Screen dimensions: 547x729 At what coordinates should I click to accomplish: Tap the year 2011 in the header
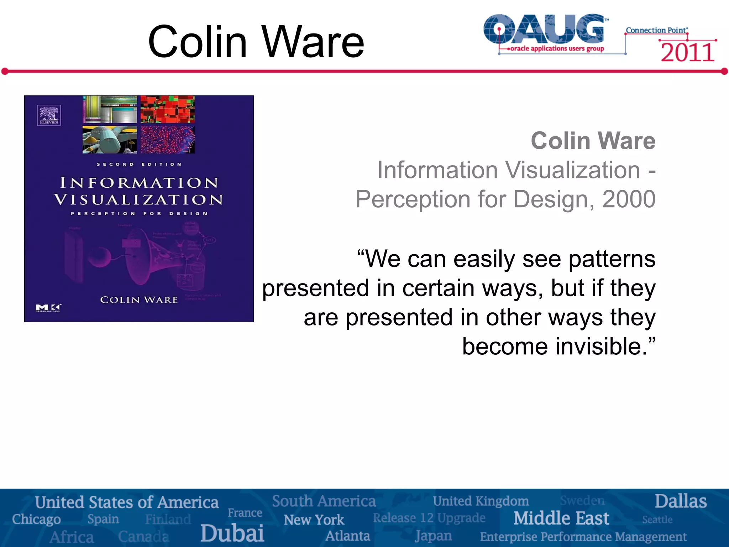pos(687,53)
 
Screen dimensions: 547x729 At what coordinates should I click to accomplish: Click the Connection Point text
pos(656,30)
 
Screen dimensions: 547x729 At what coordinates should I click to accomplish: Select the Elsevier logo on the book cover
pos(49,115)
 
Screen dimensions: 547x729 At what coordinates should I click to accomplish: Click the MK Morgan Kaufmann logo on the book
pos(48,308)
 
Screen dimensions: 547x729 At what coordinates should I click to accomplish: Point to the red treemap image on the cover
pos(168,109)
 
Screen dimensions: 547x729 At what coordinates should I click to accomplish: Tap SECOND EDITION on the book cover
pos(139,164)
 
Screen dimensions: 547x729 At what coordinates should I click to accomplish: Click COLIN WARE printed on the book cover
pos(139,300)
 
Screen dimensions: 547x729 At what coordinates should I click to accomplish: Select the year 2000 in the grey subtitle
pos(629,199)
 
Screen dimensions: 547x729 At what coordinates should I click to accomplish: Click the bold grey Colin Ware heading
pos(593,141)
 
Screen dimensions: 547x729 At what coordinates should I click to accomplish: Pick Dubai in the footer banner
pos(232,533)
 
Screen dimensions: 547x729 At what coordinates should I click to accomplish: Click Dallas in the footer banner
pos(681,501)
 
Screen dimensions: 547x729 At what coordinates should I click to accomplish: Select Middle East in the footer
pos(561,518)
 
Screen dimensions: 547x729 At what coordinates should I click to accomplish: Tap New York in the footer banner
pos(314,520)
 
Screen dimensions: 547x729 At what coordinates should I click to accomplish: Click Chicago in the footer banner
pos(36,519)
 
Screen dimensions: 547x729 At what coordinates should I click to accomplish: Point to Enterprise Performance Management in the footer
pos(583,537)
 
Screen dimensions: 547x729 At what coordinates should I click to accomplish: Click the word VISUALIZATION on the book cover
pos(139,200)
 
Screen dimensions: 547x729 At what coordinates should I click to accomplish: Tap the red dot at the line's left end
pos(5,72)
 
